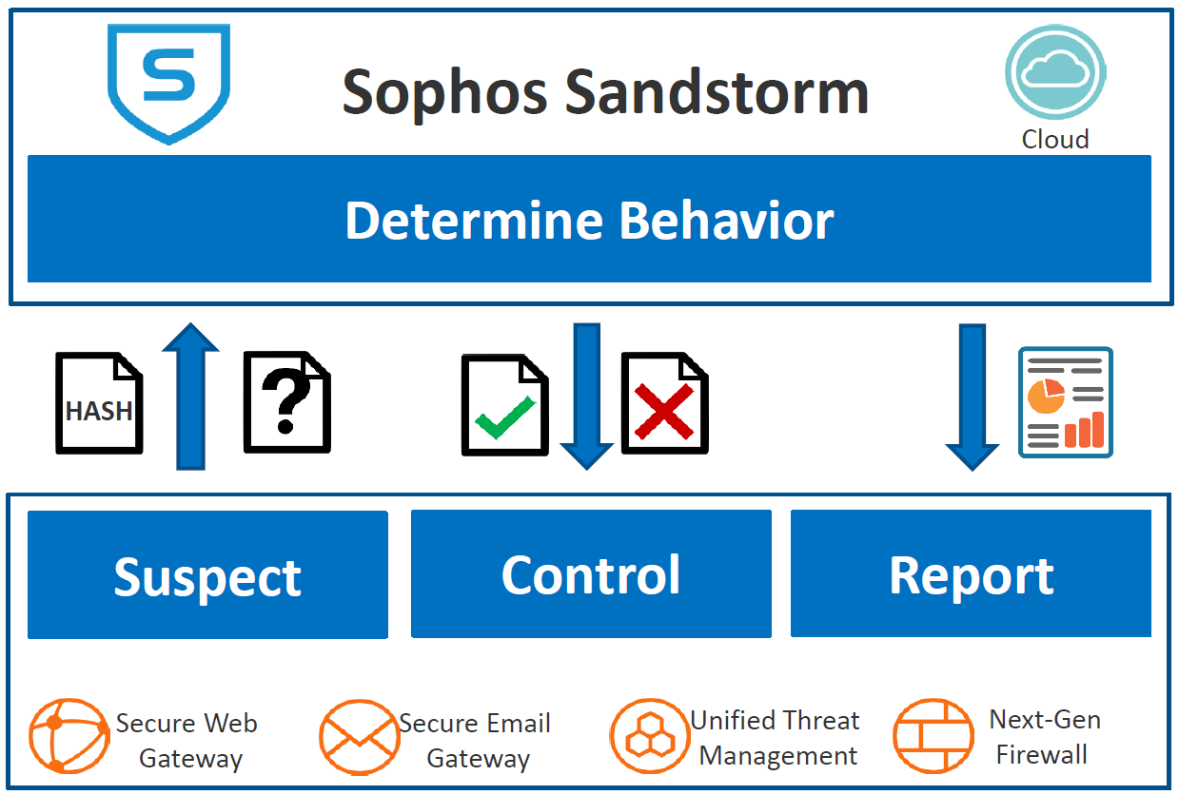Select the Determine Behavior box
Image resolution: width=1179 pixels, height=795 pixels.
click(x=589, y=220)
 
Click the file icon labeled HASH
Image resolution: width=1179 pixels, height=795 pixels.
click(x=99, y=403)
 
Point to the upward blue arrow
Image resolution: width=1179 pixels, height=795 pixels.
click(x=190, y=395)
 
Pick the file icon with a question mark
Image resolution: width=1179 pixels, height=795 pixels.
click(x=286, y=403)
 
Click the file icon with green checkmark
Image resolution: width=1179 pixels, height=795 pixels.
click(x=504, y=405)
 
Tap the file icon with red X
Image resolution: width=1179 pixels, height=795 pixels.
click(x=664, y=403)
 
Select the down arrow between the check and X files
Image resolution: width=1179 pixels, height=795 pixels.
click(x=586, y=396)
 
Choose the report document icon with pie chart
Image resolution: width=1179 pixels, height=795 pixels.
click(x=1066, y=402)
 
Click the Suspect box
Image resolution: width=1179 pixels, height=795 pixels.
click(x=207, y=575)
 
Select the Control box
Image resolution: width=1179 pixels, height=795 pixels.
click(x=591, y=574)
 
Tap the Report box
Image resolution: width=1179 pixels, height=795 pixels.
click(x=971, y=573)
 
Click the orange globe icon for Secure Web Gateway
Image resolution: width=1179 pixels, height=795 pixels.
click(x=69, y=737)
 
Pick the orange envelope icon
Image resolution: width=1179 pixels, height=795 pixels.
click(x=359, y=738)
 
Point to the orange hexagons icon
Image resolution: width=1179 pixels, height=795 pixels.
click(x=649, y=737)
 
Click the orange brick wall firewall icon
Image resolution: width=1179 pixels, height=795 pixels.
click(x=933, y=737)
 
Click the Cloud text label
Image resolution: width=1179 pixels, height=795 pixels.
click(x=1054, y=140)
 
